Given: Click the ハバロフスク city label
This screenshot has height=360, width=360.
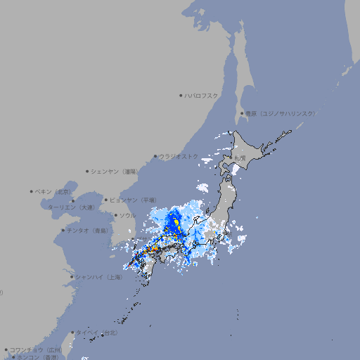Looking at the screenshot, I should [x=201, y=95].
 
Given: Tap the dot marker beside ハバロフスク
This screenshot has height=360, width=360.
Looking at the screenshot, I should [x=181, y=95].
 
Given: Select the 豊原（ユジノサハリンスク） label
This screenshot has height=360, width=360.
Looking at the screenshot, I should [x=281, y=113].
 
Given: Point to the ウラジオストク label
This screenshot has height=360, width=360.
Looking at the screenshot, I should [x=179, y=156].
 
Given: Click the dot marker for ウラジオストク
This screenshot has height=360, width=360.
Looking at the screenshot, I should [x=155, y=157].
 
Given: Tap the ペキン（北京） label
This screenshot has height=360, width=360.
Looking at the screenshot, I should [x=54, y=191].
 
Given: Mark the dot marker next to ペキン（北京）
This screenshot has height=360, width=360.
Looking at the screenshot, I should [x=32, y=191].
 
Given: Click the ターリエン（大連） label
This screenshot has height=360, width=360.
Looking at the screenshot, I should [x=71, y=207].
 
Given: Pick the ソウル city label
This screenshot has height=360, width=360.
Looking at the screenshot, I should [x=127, y=215].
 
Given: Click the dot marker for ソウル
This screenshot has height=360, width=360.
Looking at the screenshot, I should [x=115, y=216].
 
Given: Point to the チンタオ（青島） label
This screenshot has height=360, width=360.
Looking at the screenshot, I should [x=87, y=230].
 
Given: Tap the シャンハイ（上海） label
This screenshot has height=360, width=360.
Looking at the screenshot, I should [x=98, y=277].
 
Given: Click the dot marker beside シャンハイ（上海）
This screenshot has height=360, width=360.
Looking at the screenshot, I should [x=72, y=277].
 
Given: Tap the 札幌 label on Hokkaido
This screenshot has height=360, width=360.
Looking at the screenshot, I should [x=240, y=157].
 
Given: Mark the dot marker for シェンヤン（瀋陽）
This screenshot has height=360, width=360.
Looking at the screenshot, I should [x=87, y=171].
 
